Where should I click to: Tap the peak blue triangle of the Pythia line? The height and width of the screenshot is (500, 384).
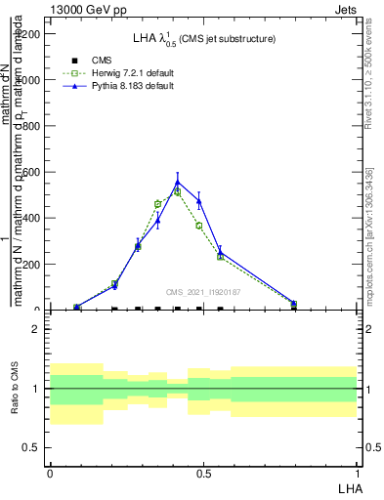click(177, 182)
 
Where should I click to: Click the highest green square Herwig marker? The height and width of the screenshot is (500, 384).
click(177, 192)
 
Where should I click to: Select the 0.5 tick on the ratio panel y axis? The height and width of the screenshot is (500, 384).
click(33, 448)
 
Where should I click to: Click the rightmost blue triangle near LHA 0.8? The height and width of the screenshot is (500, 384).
click(294, 304)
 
